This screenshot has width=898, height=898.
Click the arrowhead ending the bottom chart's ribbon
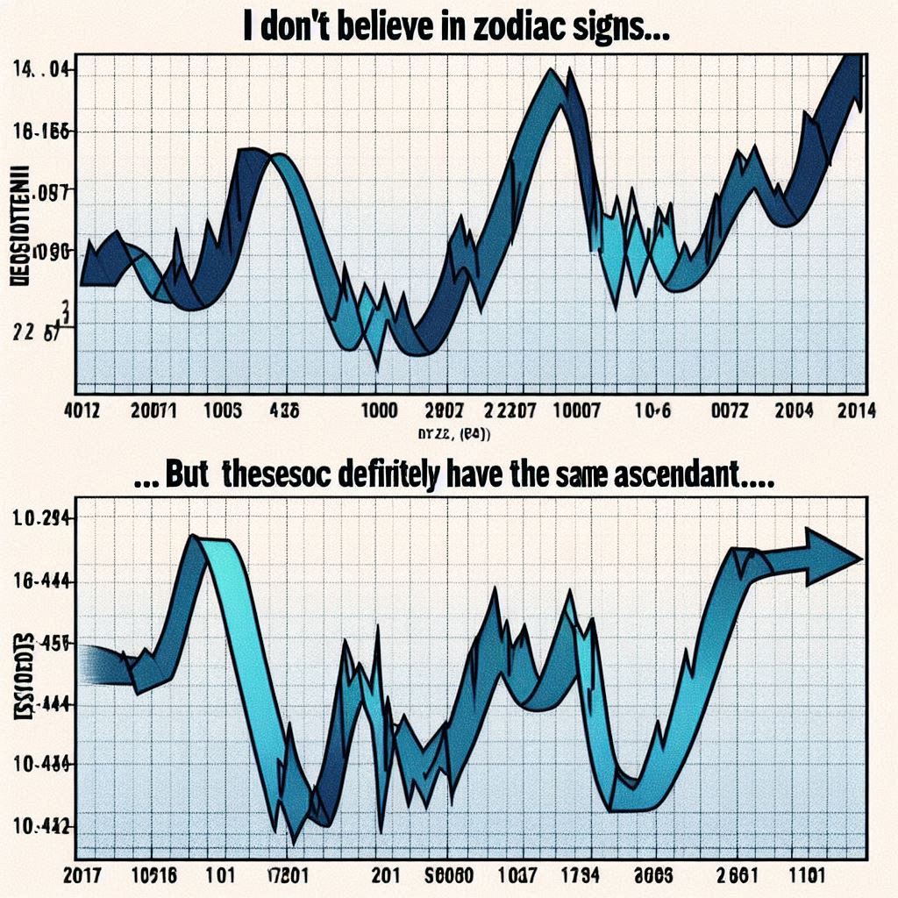tap(833, 559)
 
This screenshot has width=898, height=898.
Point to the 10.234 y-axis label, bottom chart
tap(41, 517)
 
